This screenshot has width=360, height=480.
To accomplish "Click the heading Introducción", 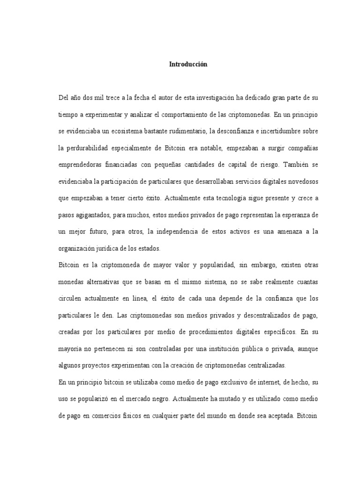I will pyautogui.click(x=188, y=65).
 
